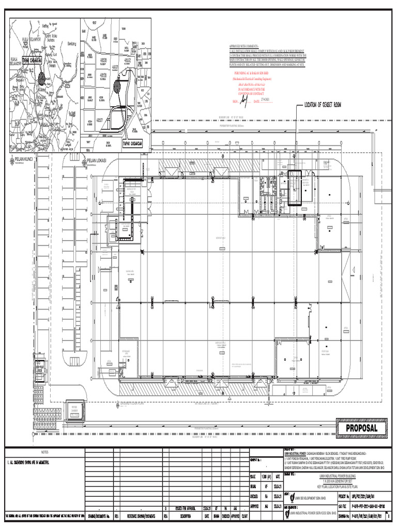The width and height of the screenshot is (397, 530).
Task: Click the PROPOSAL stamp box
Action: click(x=362, y=428)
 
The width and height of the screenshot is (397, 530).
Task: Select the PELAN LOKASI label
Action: click(x=97, y=160)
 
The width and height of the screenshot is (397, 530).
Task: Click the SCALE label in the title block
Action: click(x=253, y=476)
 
